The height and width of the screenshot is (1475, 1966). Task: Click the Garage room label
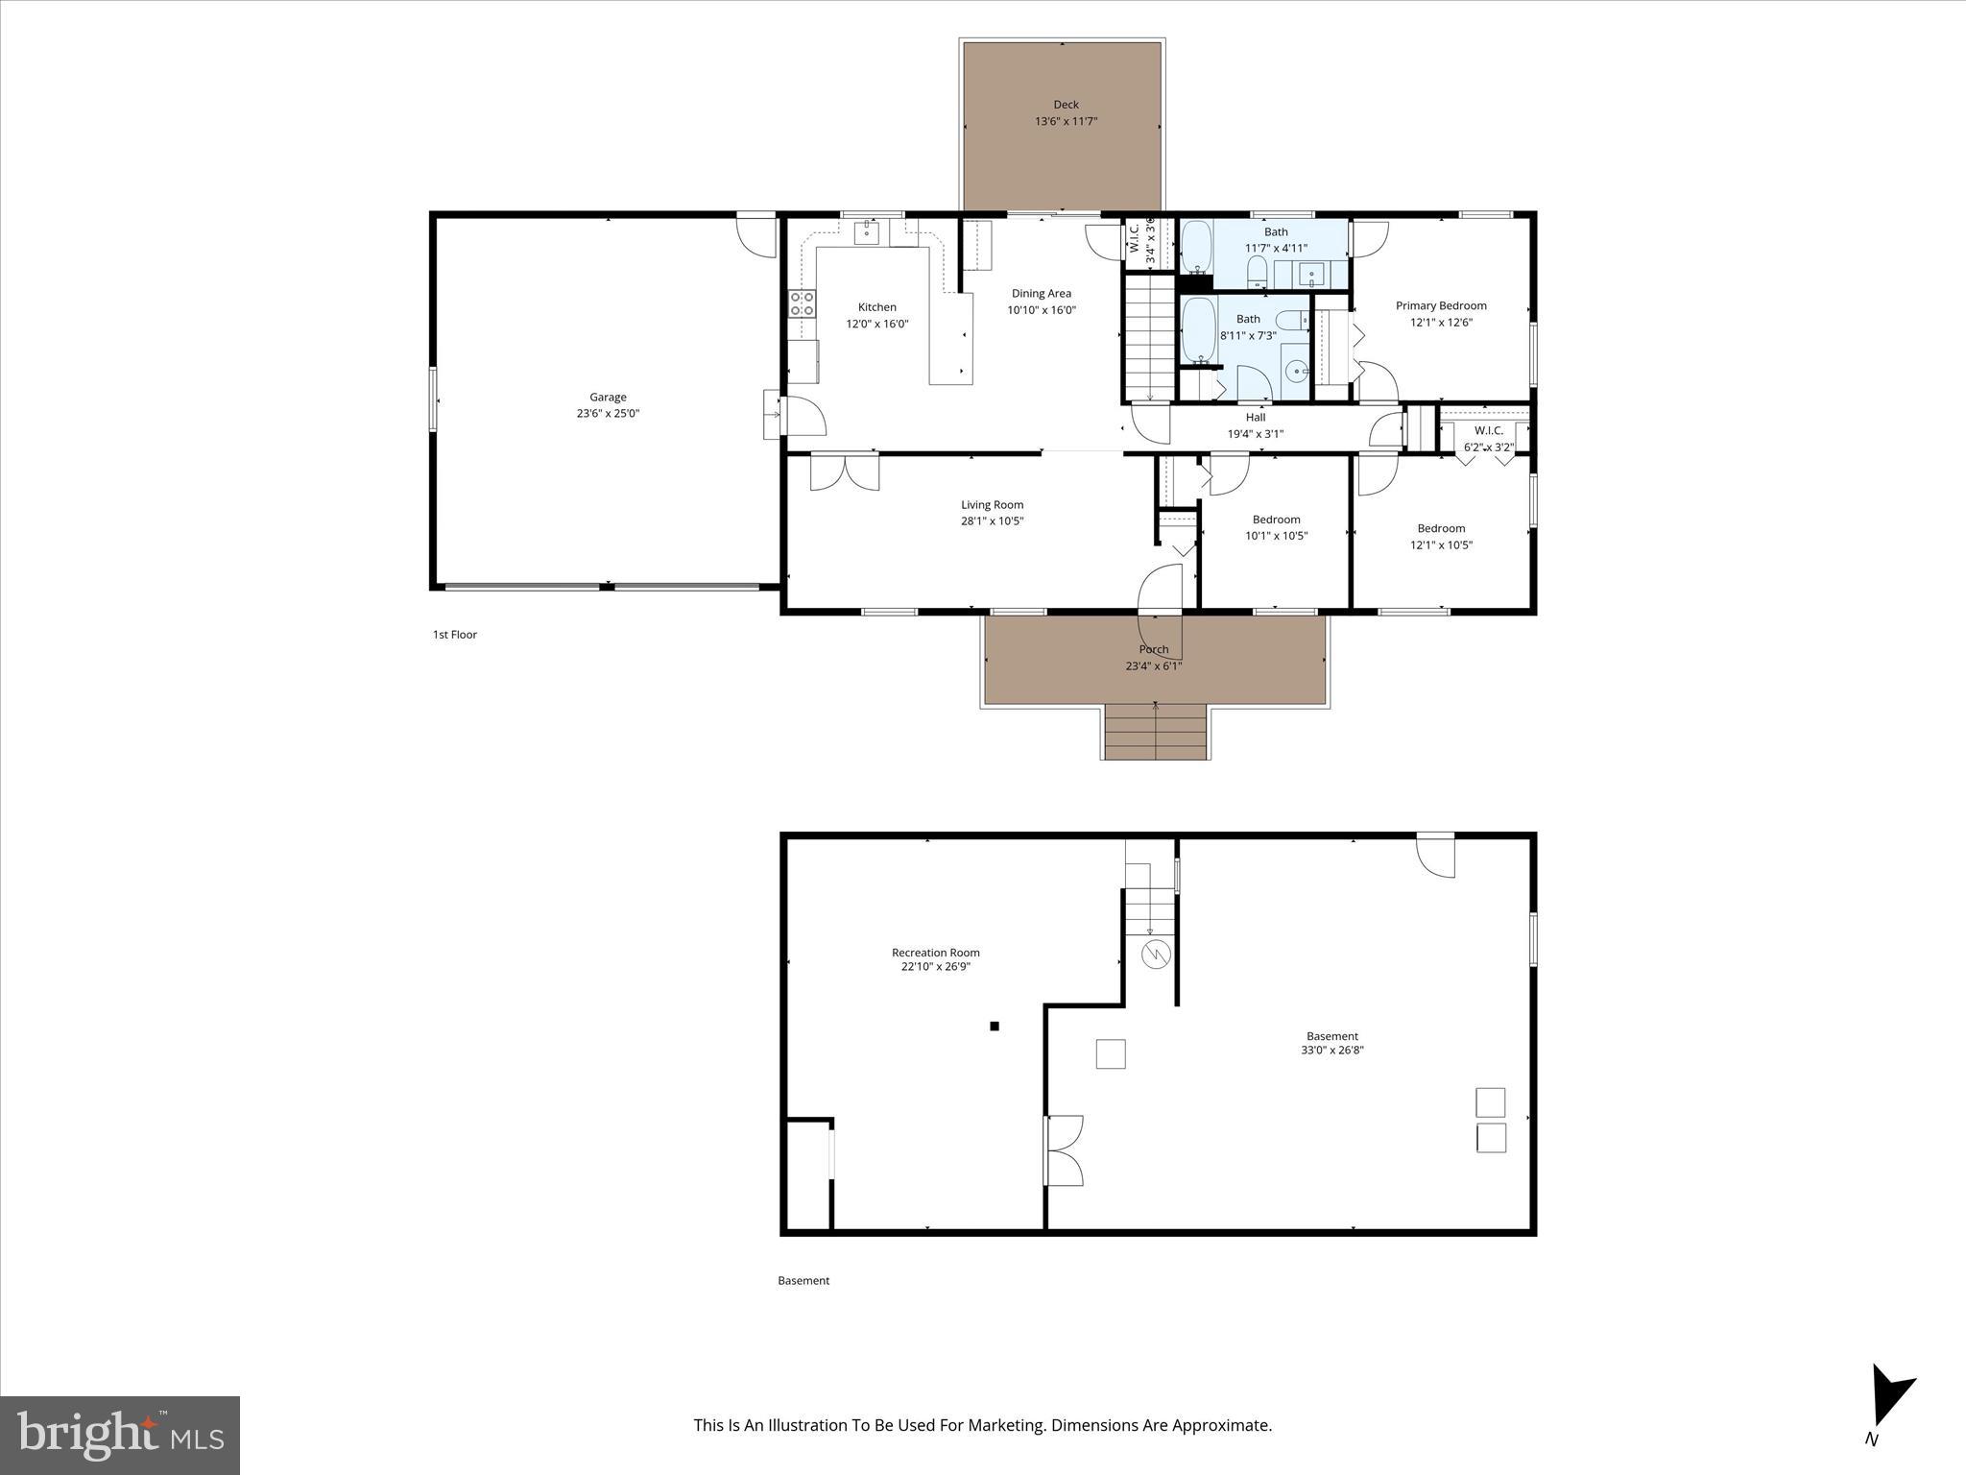(x=608, y=397)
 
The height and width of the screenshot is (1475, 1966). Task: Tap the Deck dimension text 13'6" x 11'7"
(x=1066, y=122)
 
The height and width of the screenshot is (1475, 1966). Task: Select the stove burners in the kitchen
(x=802, y=304)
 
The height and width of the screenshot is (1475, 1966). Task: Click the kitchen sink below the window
(x=867, y=231)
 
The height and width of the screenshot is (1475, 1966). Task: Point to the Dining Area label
(x=1042, y=294)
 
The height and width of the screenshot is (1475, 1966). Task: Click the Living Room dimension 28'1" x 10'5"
(x=993, y=521)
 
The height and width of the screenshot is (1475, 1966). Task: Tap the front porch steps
(x=1155, y=732)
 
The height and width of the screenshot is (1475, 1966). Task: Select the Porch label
(x=1154, y=650)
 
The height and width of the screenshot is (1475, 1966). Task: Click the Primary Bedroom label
(x=1441, y=306)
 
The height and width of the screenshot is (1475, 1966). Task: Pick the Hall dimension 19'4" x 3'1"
(x=1256, y=434)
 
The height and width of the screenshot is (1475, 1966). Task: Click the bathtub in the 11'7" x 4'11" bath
(x=1195, y=247)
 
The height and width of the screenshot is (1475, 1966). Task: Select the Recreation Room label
(x=935, y=953)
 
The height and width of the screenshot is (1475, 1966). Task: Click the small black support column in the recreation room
(x=995, y=1027)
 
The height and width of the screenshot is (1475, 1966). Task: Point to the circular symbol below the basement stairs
(x=1157, y=955)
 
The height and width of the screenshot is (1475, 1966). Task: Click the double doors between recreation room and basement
(x=1063, y=1149)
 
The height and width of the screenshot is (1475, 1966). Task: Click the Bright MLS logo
(x=120, y=1435)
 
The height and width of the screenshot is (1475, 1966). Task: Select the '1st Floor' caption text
(x=454, y=635)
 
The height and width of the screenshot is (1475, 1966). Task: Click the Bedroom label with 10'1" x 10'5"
(x=1276, y=520)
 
